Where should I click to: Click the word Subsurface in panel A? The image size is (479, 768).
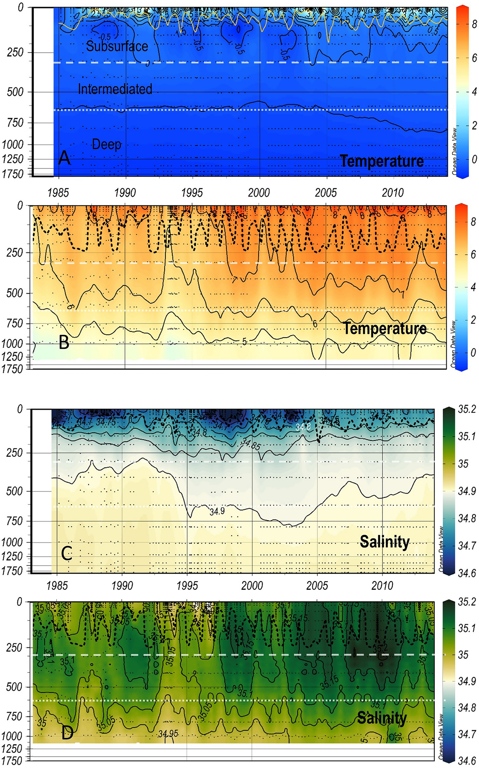click(x=117, y=46)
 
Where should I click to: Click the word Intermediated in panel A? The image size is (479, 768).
click(x=115, y=89)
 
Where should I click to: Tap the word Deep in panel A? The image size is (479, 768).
click(x=106, y=144)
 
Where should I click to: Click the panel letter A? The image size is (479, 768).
click(x=64, y=158)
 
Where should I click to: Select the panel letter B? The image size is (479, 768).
click(x=64, y=342)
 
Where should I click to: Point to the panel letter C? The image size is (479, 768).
click(x=66, y=554)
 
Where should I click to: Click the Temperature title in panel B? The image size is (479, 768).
click(x=385, y=328)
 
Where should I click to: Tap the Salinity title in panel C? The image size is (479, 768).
click(x=385, y=542)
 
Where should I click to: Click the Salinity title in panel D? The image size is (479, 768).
click(x=382, y=718)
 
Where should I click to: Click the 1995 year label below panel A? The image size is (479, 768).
click(x=192, y=193)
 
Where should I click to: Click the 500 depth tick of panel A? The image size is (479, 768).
click(x=15, y=92)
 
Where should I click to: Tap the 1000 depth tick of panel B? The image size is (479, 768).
click(x=12, y=344)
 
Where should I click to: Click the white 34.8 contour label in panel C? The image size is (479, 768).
click(x=303, y=427)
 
